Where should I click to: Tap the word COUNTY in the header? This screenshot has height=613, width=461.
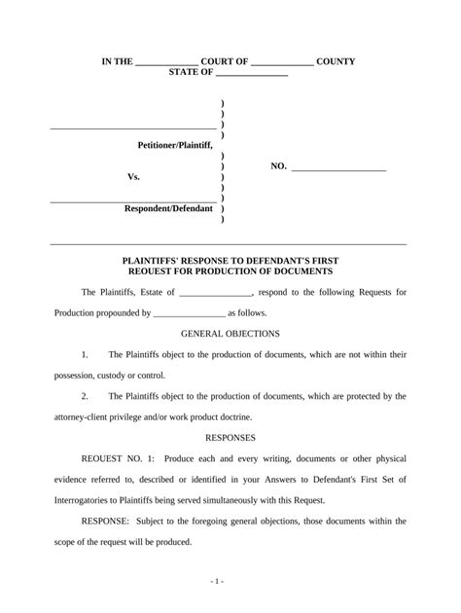[x=336, y=61]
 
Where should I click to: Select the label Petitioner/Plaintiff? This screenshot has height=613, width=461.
[x=175, y=144]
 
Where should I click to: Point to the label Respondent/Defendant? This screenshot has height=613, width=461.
[x=168, y=208]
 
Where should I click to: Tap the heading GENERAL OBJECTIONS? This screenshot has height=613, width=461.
[x=230, y=333]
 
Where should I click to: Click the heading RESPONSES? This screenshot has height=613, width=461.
[x=230, y=438]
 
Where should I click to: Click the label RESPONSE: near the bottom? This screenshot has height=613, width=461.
[x=104, y=522]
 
